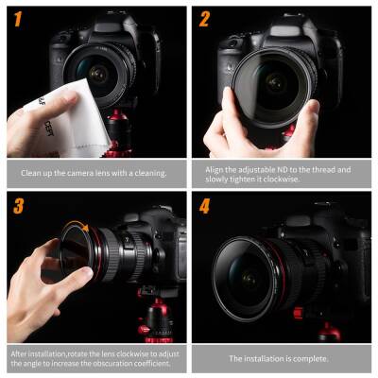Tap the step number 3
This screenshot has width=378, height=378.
(18, 205)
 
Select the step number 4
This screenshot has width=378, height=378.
(204, 205)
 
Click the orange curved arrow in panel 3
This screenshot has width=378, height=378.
(83, 228)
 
